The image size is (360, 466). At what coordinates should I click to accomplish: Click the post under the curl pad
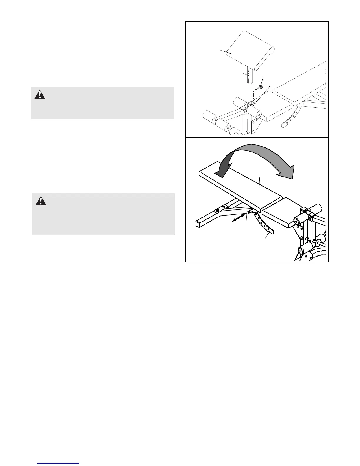pos(250,76)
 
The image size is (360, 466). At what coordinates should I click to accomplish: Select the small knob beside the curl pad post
pos(261,87)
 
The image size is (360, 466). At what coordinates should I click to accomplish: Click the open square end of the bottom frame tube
pos(199,224)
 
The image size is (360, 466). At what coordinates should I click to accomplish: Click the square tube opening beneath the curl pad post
pos(250,103)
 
